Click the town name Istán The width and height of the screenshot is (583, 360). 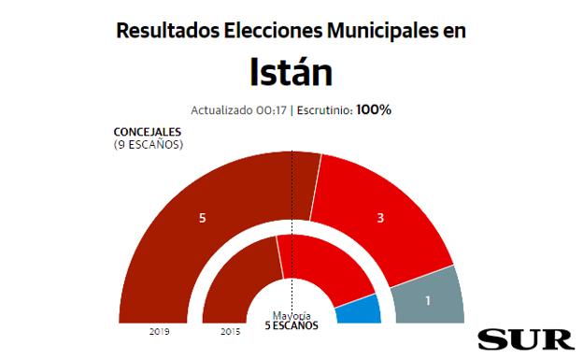pos(291,71)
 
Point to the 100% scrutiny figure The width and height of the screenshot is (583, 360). pos(374,109)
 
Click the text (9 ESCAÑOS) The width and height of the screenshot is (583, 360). pos(148,145)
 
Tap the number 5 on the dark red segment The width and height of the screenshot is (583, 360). pos(202,218)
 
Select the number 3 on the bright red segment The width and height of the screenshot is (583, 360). pos(380,218)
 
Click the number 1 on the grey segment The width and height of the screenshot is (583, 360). pos(427,301)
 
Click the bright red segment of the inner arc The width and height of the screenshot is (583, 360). pos(327,266)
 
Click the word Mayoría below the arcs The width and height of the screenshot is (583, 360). pos(291,315)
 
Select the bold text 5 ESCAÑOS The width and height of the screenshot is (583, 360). pos(291,326)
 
